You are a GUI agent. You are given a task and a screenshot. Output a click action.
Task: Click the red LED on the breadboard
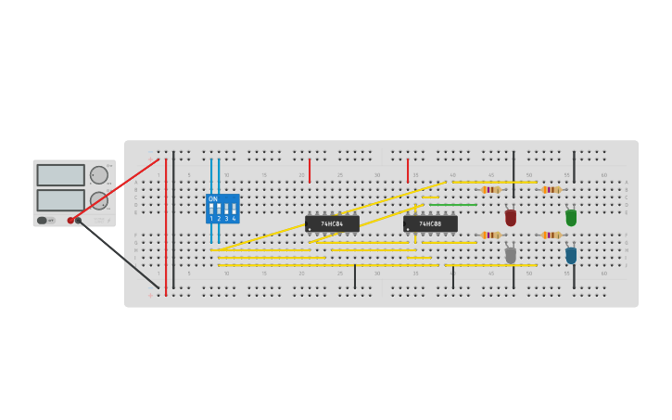pos(511,218)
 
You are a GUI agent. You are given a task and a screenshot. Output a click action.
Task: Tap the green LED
pos(571,218)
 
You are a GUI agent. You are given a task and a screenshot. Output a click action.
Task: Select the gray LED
pos(511,255)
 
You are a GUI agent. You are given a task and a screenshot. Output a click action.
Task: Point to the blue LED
pos(571,255)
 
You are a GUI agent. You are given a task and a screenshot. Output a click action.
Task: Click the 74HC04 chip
pos(332,223)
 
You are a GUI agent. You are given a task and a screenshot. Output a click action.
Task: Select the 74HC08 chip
pos(430,223)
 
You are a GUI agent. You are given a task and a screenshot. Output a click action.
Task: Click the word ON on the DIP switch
pos(213,199)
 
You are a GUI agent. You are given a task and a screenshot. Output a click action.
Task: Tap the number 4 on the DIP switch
pos(234,219)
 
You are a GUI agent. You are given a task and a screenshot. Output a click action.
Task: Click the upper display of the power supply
pos(61,175)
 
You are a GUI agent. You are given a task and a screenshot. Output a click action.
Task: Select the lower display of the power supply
pos(61,200)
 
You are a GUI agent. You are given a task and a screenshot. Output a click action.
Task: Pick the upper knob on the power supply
pos(98,175)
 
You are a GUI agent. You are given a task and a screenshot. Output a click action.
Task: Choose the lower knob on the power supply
pos(98,200)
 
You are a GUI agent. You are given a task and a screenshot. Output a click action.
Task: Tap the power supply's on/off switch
pos(43,221)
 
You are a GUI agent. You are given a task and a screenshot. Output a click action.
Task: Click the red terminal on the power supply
pos(70,221)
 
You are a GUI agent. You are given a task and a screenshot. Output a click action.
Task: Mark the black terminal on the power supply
pos(79,221)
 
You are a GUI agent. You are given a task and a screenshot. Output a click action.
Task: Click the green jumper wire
pos(452,205)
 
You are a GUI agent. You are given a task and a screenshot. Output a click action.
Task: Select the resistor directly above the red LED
pos(490,190)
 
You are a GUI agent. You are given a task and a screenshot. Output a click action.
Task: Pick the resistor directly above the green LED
pos(552,190)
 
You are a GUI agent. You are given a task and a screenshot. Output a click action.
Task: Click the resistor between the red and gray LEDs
pos(490,235)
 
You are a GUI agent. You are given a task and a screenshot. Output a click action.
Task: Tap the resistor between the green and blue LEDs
pos(552,235)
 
